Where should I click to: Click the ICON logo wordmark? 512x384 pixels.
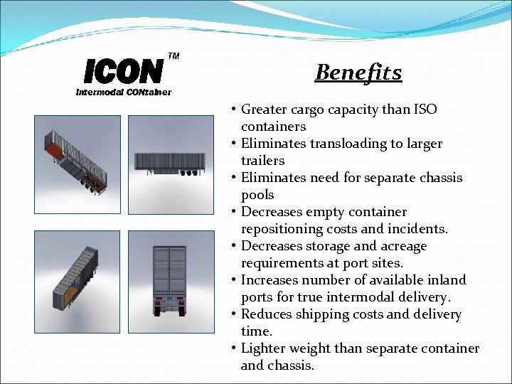point(123,71)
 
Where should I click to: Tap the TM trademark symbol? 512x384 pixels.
point(174,55)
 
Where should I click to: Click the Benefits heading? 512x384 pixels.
point(358,73)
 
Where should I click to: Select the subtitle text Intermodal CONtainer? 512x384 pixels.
point(124,92)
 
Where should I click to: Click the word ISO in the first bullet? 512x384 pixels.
point(424,110)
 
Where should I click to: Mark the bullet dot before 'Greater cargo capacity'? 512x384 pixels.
point(233,110)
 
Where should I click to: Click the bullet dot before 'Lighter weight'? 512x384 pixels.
point(233,348)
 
